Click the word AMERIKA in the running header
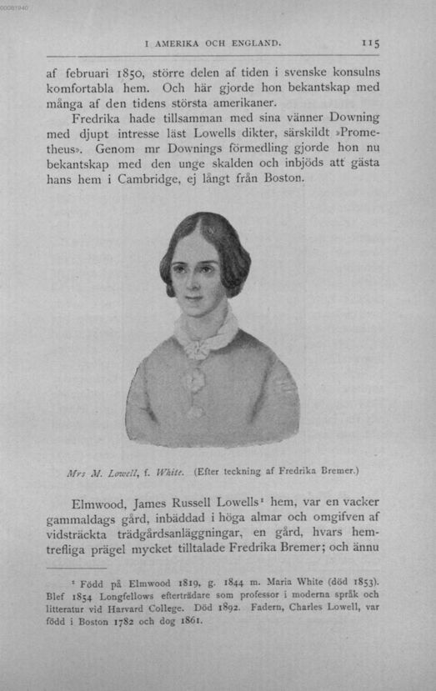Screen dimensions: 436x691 [x=178, y=42]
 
